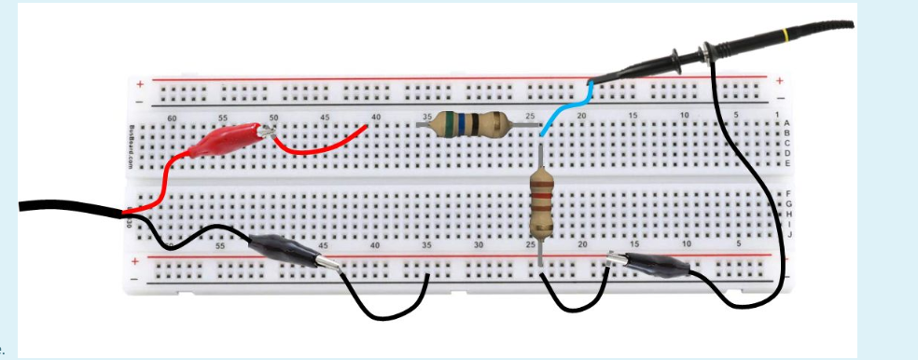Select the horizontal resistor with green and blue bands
(465, 124)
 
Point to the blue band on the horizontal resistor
(459, 124)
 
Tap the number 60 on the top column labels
(170, 118)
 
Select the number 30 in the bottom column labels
(479, 244)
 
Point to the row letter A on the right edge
(786, 123)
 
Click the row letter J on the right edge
(789, 234)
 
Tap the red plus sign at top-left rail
(140, 81)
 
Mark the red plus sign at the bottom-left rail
(136, 261)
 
